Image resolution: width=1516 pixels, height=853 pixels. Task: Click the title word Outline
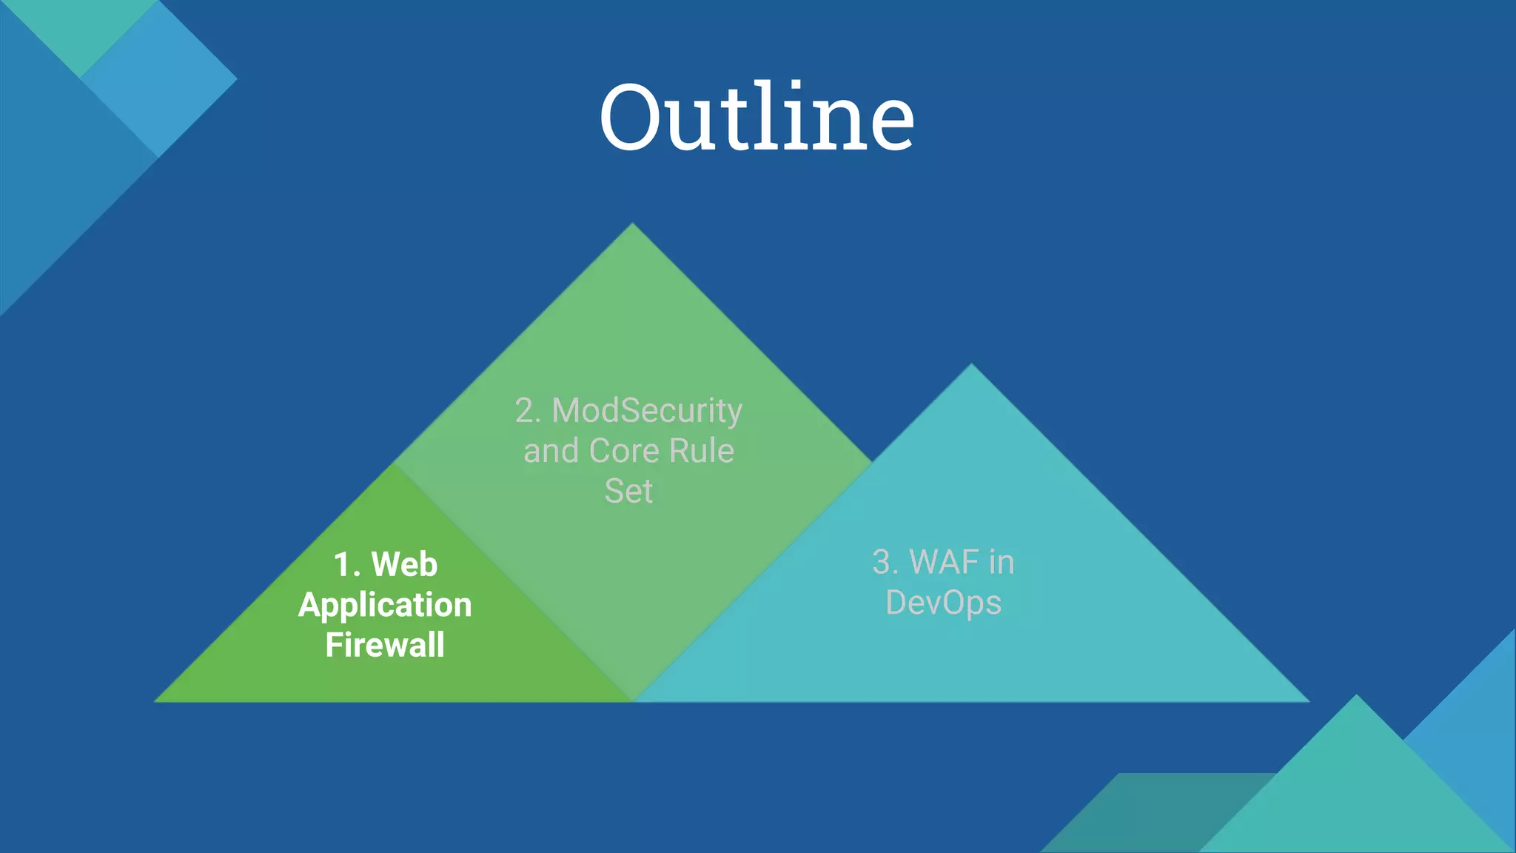pyautogui.click(x=757, y=117)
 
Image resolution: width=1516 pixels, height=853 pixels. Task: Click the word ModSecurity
pyautogui.click(x=647, y=411)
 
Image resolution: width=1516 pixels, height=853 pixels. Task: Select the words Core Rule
pyautogui.click(x=661, y=451)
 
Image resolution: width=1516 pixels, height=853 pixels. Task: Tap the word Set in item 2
pyautogui.click(x=628, y=492)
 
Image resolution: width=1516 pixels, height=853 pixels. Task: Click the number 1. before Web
pyautogui.click(x=346, y=565)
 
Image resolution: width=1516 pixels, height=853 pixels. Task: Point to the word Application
pyautogui.click(x=385, y=606)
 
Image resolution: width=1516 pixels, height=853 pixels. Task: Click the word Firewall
pyautogui.click(x=385, y=645)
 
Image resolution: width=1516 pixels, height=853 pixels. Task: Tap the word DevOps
pyautogui.click(x=943, y=603)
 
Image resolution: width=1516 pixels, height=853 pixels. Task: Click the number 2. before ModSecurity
pyautogui.click(x=528, y=411)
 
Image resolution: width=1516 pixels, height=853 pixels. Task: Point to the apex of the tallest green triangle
pyautogui.click(x=632, y=225)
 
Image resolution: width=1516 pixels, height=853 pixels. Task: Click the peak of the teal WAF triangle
pyautogui.click(x=971, y=366)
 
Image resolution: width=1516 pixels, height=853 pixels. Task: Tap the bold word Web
pyautogui.click(x=404, y=565)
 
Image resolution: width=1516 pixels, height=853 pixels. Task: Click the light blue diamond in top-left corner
pyautogui.click(x=159, y=78)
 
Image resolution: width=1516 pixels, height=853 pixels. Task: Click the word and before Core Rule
pyautogui.click(x=551, y=451)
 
